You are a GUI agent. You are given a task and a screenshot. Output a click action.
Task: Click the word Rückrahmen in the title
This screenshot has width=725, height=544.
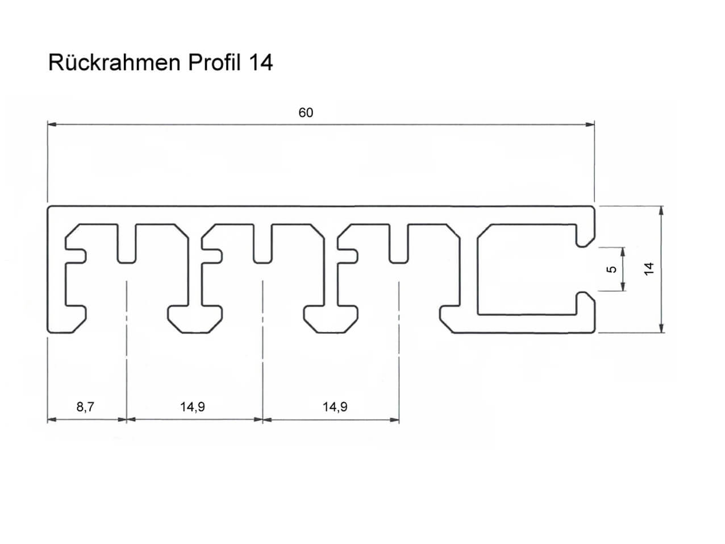click(114, 62)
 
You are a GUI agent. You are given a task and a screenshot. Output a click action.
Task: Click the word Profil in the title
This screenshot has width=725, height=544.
click(214, 62)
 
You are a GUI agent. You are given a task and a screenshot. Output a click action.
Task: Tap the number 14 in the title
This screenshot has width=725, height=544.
click(261, 63)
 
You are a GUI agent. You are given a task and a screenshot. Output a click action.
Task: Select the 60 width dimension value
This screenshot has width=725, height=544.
click(306, 113)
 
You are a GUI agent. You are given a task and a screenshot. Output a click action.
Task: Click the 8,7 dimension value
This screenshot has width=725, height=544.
click(85, 406)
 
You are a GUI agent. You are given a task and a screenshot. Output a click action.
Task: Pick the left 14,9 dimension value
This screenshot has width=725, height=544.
click(192, 406)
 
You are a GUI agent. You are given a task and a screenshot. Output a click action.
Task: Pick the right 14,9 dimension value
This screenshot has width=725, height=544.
click(335, 406)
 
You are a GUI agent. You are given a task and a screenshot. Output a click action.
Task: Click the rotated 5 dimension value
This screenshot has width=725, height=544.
click(612, 269)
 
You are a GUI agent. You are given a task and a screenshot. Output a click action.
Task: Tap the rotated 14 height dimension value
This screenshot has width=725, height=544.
click(649, 268)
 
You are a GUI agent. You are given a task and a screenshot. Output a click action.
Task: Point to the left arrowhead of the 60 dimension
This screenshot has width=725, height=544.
click(52, 124)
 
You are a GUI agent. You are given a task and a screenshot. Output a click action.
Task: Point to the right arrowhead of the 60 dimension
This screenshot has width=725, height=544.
click(590, 124)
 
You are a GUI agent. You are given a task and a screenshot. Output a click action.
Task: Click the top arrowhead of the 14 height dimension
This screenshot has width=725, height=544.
click(661, 211)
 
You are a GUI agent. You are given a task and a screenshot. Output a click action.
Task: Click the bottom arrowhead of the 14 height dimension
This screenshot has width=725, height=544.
click(661, 327)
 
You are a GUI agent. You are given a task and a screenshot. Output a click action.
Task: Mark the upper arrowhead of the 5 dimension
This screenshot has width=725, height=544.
click(623, 252)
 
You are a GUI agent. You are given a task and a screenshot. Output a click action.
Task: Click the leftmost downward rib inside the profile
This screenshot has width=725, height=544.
click(127, 244)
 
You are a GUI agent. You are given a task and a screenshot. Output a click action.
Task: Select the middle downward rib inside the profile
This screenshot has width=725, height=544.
click(262, 244)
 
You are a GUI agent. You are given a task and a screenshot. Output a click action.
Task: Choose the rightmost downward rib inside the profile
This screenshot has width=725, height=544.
click(399, 244)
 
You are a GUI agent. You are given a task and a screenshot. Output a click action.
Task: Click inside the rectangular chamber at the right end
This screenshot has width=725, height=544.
click(527, 269)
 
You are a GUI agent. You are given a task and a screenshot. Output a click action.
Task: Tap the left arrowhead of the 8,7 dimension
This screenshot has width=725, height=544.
click(52, 420)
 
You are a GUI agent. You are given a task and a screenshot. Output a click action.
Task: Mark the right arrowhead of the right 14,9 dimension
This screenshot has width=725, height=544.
click(394, 420)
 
